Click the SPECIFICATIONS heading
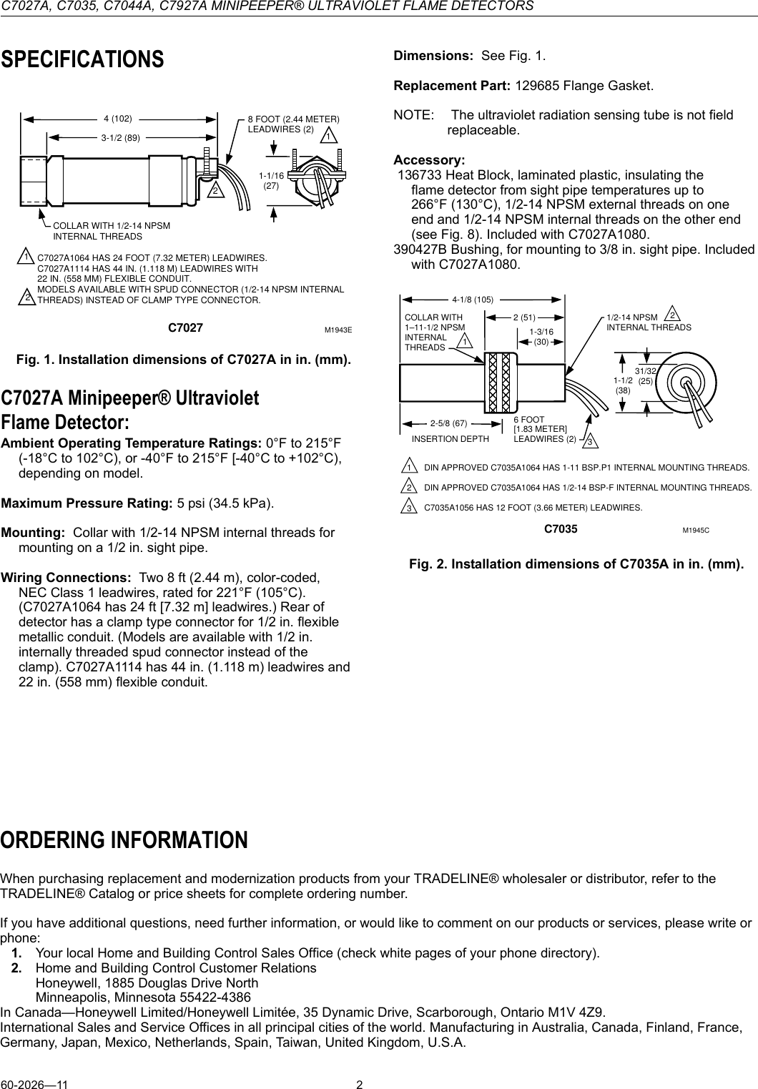(82, 59)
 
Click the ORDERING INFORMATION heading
(124, 839)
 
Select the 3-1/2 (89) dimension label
(120, 137)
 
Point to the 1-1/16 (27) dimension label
(271, 180)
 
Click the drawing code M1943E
(338, 330)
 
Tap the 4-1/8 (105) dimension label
(473, 299)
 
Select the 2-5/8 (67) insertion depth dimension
(448, 423)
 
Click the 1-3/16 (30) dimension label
(541, 337)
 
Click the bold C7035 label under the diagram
(561, 530)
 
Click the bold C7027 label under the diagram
(185, 328)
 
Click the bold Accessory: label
(429, 159)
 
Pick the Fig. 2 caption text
(576, 564)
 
